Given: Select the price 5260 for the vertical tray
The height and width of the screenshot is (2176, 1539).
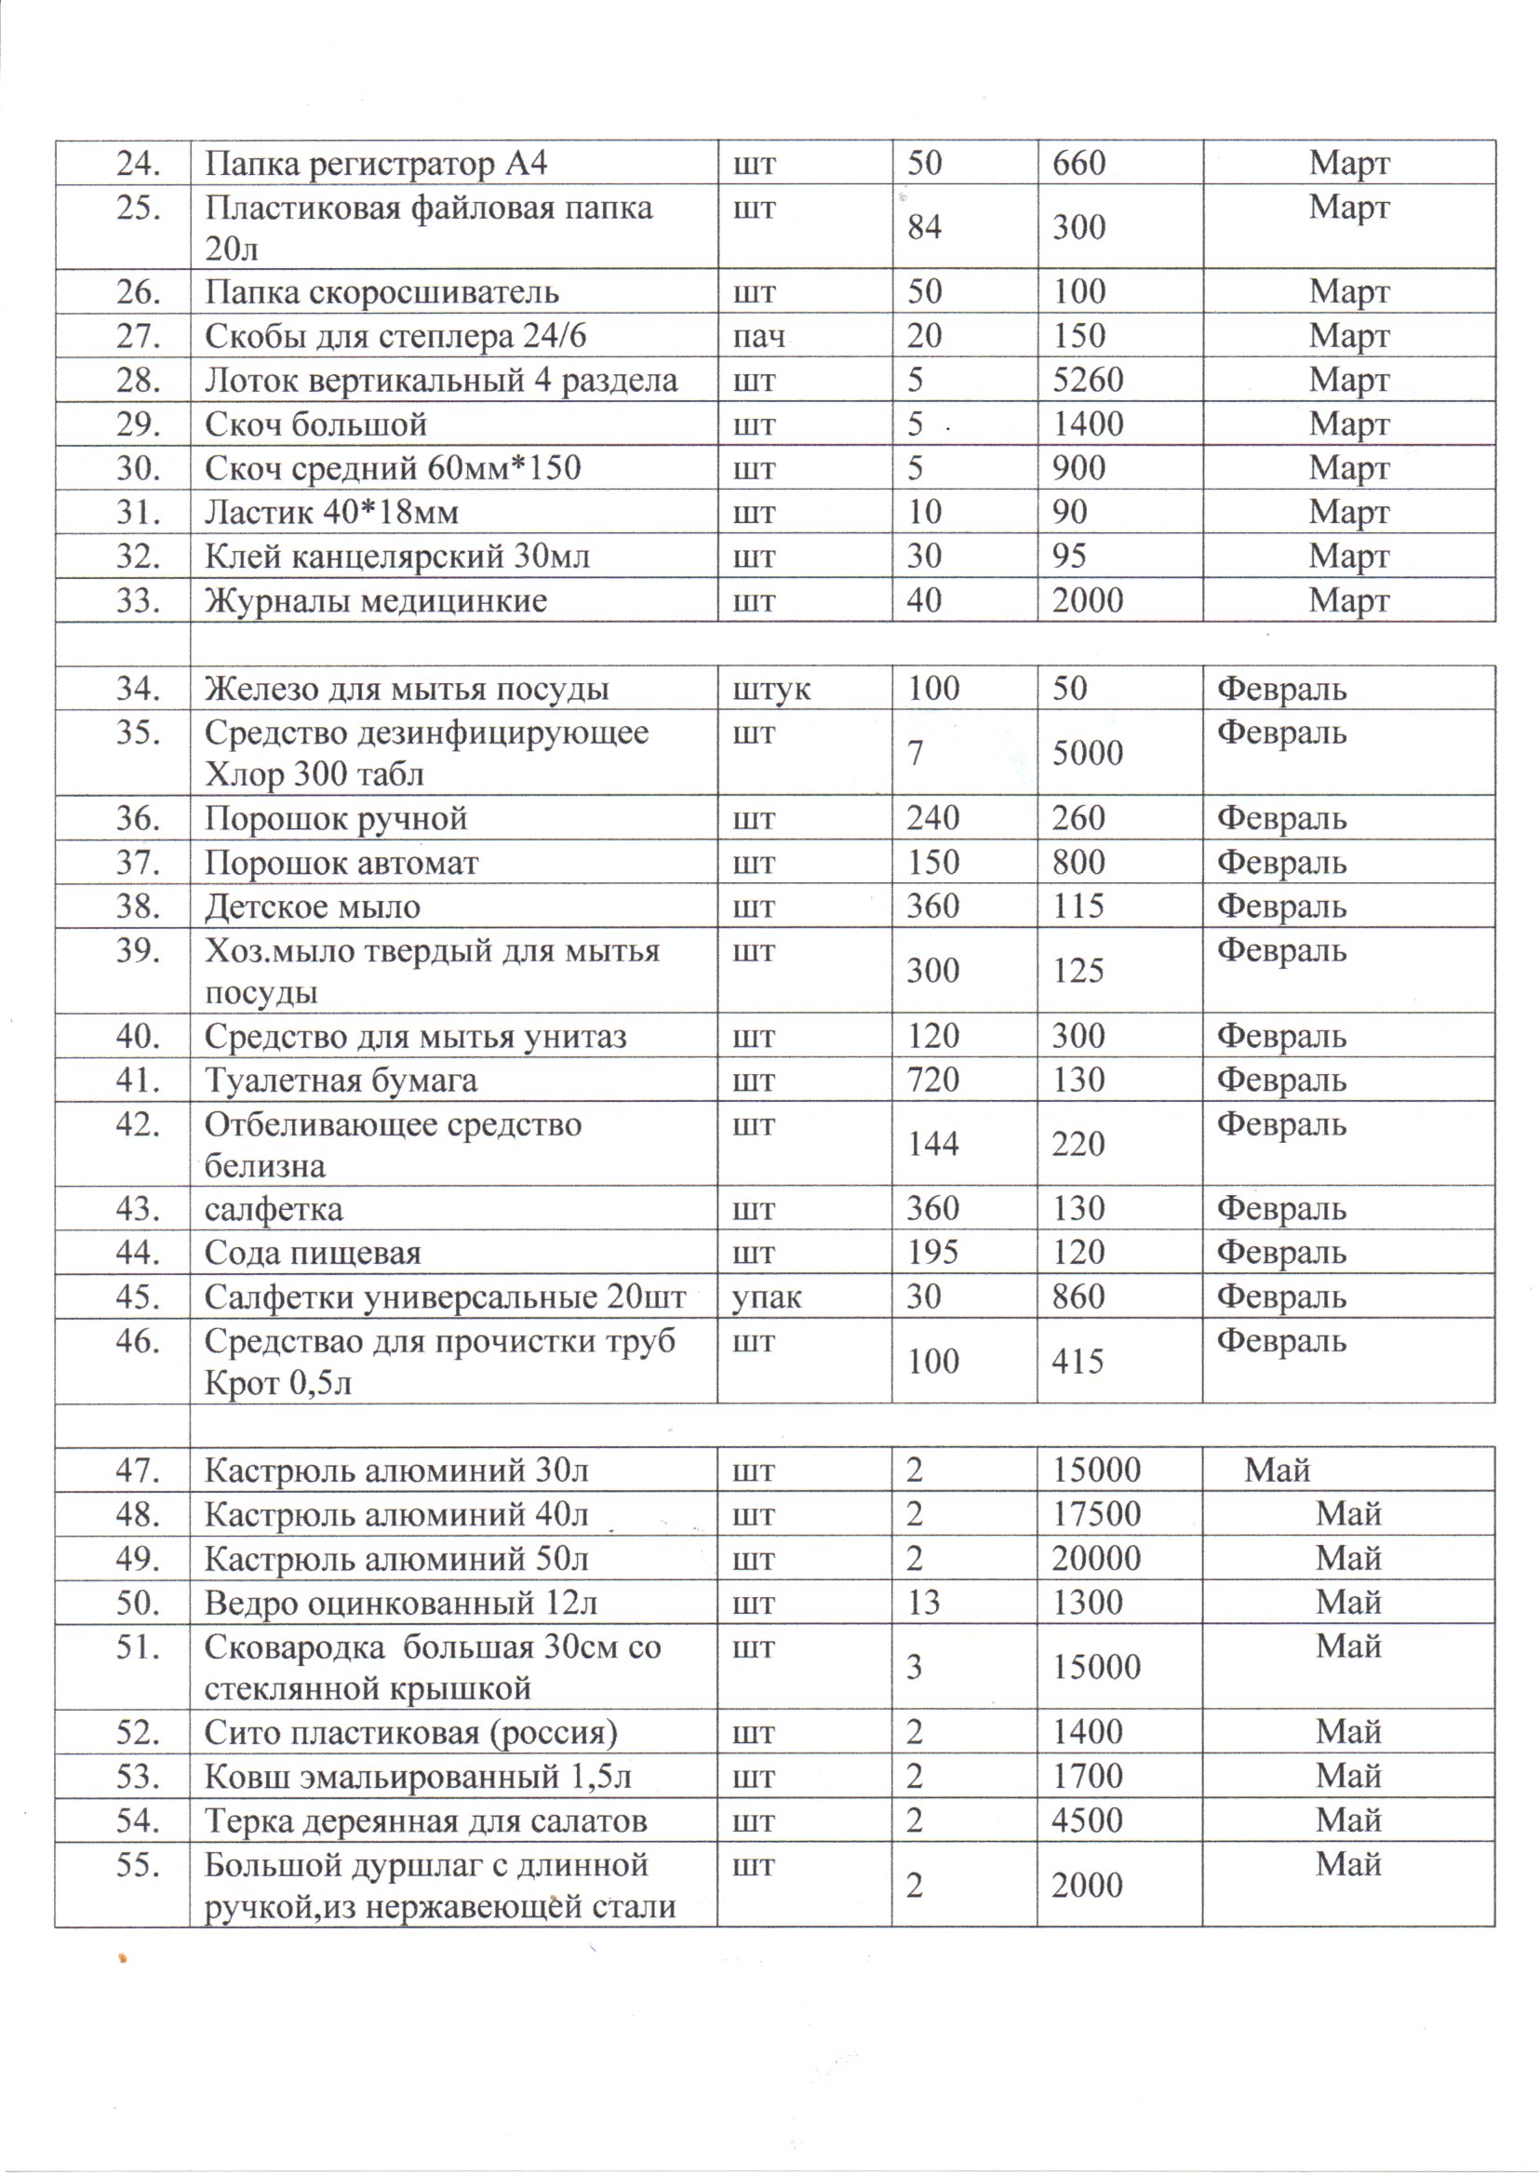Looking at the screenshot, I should (x=1087, y=381).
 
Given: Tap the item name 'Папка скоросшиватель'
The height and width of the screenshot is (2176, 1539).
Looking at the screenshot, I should (x=381, y=292).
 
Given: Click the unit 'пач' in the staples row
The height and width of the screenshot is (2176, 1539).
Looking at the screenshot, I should (x=758, y=336).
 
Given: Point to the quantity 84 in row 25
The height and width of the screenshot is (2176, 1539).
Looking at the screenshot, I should (x=924, y=227).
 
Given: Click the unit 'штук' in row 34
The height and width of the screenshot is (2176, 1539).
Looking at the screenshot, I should (x=771, y=689).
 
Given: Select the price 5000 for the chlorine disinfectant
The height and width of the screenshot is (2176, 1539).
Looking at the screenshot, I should (x=1087, y=754).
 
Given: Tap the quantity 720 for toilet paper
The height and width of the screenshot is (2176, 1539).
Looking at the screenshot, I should (x=933, y=1081).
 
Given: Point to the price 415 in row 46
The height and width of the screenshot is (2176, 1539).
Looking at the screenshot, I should (x=1077, y=1362).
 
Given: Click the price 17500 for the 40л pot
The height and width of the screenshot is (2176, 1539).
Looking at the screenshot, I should (x=1095, y=1514).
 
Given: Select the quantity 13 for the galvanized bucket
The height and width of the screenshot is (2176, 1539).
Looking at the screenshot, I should (x=923, y=1603).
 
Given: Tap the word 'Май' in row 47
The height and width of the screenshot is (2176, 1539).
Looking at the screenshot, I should (x=1277, y=1471).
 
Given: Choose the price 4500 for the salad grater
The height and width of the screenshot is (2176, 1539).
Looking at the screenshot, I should (x=1087, y=1820).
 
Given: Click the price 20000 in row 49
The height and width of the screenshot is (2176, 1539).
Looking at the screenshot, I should (x=1095, y=1559).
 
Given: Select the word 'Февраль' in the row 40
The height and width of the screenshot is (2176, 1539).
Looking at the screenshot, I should (x=1281, y=1037).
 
